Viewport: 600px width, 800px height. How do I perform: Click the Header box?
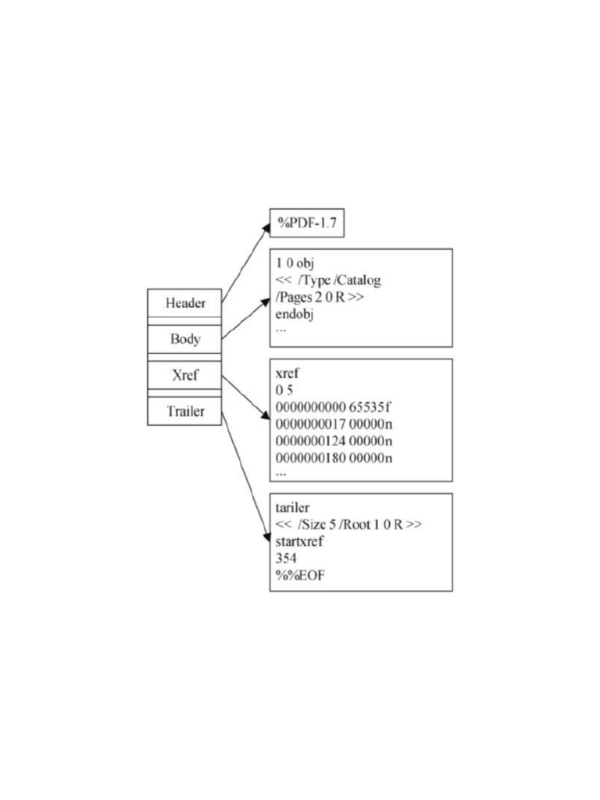click(x=185, y=303)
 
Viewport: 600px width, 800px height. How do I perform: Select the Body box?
click(x=185, y=339)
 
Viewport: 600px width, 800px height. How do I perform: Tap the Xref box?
click(x=185, y=375)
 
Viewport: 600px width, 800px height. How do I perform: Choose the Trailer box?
click(x=185, y=411)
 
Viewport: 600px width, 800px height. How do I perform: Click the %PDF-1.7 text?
click(x=306, y=224)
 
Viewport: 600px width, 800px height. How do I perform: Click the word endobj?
click(x=295, y=314)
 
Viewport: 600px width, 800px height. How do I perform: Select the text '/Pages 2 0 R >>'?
click(x=319, y=298)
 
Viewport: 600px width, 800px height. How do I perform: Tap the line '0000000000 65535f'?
click(x=334, y=408)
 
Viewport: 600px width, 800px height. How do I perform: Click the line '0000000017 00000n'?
click(x=334, y=424)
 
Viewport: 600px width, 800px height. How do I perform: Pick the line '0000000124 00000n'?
click(x=334, y=441)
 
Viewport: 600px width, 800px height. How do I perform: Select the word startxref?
click(x=300, y=541)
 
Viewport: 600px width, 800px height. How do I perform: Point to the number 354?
click(x=286, y=559)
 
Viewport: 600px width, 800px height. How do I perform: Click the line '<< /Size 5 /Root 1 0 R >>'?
click(x=348, y=525)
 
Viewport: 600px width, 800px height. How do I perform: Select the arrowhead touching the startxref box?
click(x=266, y=537)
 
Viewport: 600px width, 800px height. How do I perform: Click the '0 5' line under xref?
click(x=284, y=391)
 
